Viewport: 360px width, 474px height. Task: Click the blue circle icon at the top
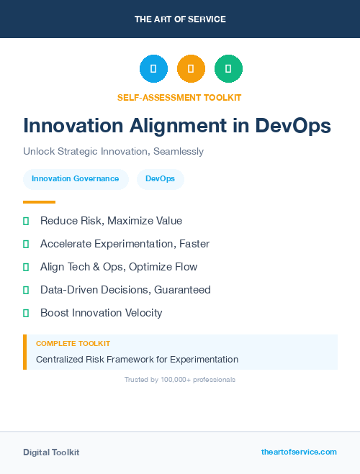pos(153,69)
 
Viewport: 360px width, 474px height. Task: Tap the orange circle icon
pos(191,69)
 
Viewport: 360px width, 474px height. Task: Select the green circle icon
pos(228,69)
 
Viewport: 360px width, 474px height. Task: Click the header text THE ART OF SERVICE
pos(180,19)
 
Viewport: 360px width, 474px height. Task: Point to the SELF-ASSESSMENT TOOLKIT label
pos(179,97)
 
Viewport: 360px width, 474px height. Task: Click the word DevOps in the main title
pos(293,125)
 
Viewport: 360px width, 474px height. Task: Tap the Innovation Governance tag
pos(76,179)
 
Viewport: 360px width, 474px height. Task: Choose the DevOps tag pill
pos(160,179)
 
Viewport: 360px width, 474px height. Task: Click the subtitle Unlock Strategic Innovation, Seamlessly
pos(113,152)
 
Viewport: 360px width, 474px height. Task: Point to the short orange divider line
pos(39,202)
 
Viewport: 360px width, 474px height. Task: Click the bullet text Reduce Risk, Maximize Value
pos(111,221)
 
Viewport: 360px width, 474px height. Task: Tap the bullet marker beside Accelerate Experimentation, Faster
pos(26,244)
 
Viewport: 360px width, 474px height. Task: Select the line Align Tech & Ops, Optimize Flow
pos(119,267)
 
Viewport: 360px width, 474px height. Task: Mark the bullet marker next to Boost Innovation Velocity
pos(26,313)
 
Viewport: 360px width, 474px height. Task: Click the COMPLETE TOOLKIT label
pos(73,344)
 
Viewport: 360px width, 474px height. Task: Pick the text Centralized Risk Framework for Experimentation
pos(137,359)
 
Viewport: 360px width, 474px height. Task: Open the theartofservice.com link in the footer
pos(299,452)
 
